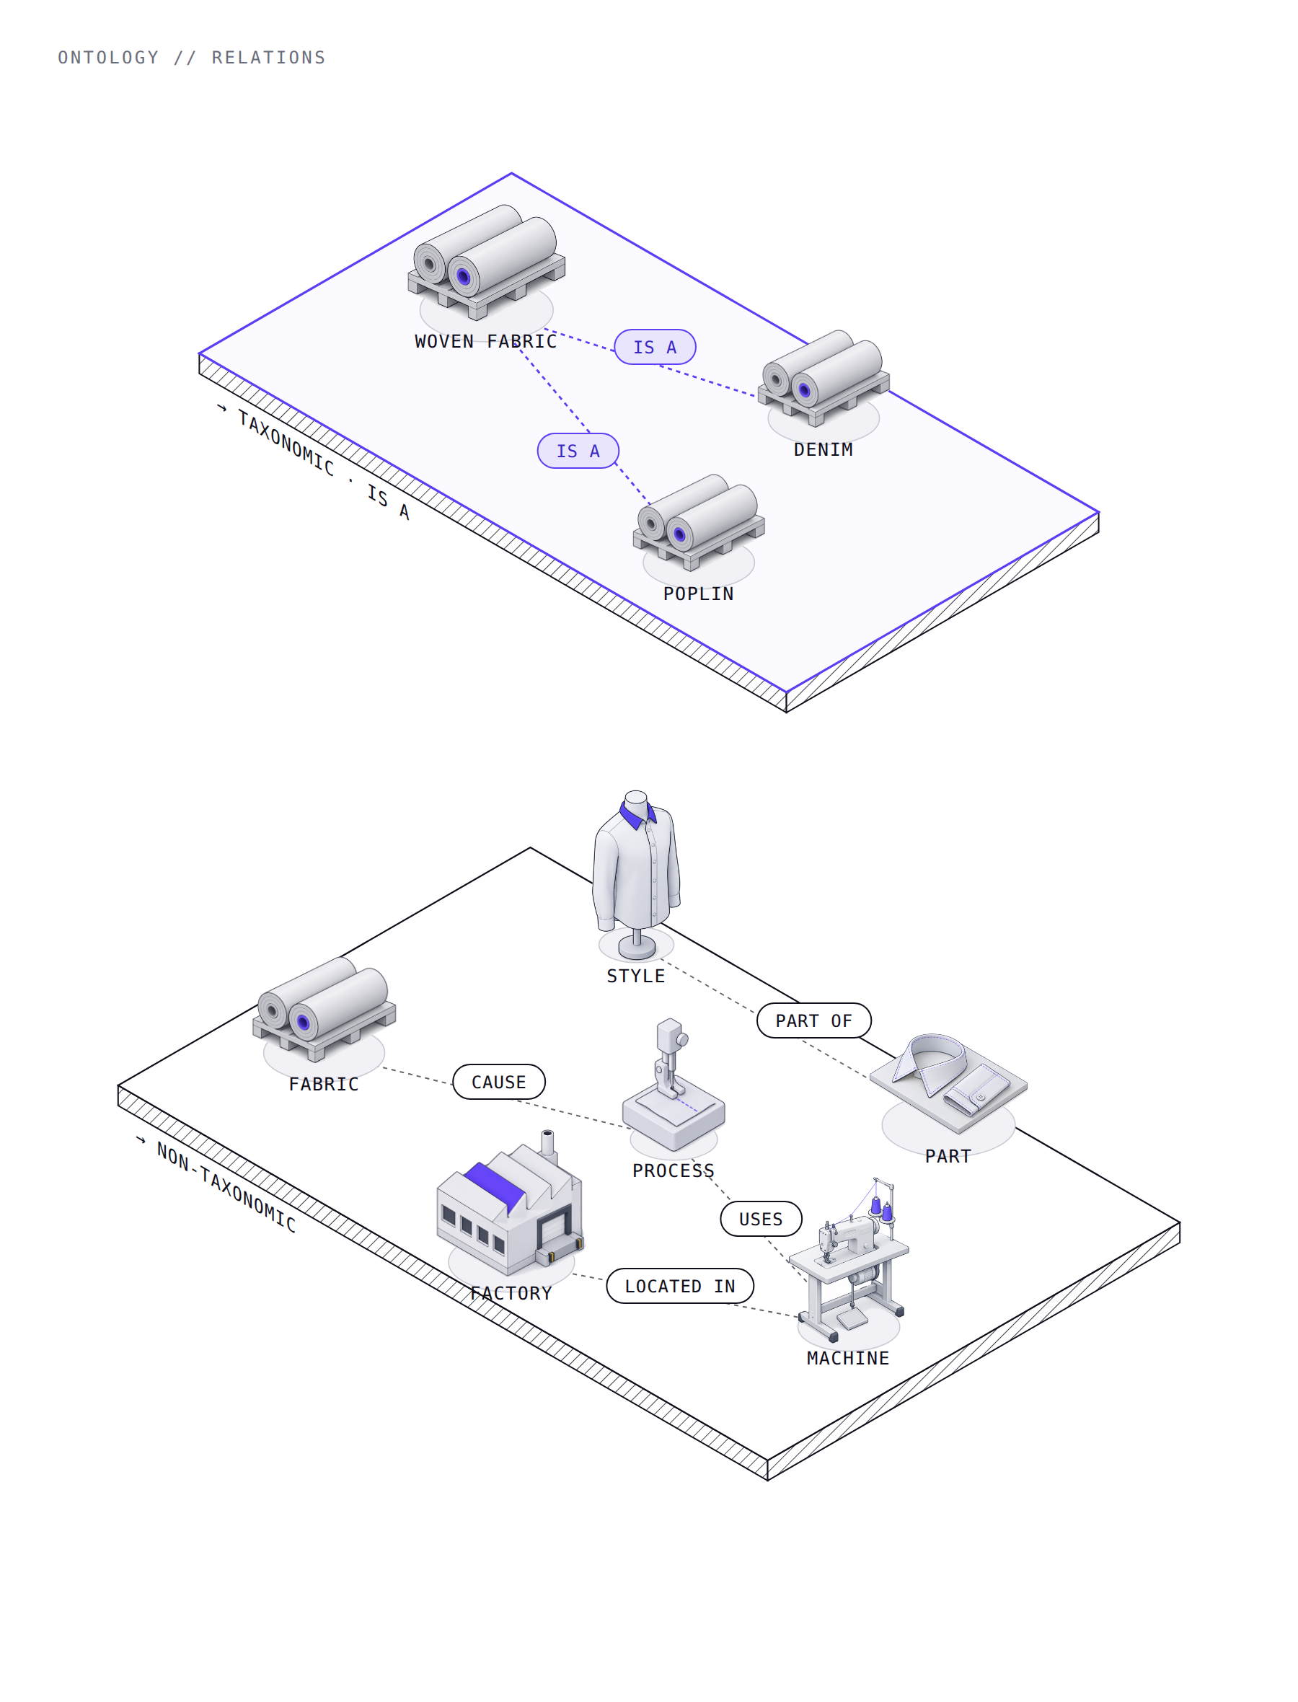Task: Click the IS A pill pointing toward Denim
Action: tap(655, 347)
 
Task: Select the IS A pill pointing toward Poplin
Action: tap(578, 451)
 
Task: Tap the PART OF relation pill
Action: tap(813, 1020)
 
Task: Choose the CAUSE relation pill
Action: tap(498, 1082)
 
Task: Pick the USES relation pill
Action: tap(761, 1218)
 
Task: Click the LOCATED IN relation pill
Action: tap(680, 1286)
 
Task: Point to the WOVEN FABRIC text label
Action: tap(486, 341)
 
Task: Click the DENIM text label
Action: tap(824, 449)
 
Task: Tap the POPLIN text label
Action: tap(699, 594)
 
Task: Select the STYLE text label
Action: tap(636, 976)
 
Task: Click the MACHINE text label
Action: tap(848, 1358)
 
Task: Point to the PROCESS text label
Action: tap(674, 1170)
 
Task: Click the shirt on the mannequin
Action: tap(636, 865)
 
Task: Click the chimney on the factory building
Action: tap(548, 1143)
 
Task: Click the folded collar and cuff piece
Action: tap(949, 1081)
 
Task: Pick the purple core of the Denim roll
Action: tap(804, 390)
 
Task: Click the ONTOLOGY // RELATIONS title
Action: tap(192, 58)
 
